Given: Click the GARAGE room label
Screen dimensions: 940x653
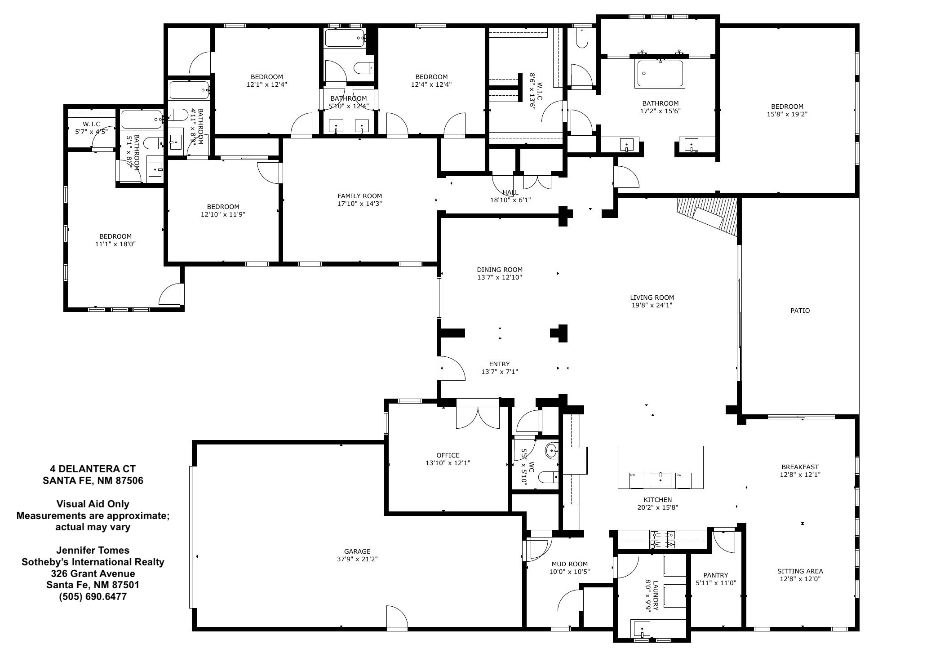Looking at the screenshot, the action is (x=357, y=551).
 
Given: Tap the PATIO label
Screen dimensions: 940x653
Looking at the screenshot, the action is (x=800, y=311).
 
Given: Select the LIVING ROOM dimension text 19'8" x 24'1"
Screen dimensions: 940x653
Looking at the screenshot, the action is (x=652, y=305).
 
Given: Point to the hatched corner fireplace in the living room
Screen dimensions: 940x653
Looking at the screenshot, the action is (x=708, y=217).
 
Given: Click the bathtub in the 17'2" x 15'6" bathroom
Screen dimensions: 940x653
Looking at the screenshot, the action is (x=661, y=74).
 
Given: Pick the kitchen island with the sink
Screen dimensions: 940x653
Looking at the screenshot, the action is (x=661, y=467).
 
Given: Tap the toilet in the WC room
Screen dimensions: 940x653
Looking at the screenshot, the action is (x=549, y=476).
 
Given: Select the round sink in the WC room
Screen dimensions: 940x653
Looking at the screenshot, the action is (x=552, y=449).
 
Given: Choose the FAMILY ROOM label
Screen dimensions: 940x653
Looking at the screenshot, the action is (x=360, y=196).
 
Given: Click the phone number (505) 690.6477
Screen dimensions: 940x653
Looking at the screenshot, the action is (x=93, y=597).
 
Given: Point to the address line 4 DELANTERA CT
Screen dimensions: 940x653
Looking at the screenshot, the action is (x=93, y=469).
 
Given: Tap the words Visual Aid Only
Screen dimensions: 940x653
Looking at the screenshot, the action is (x=93, y=504).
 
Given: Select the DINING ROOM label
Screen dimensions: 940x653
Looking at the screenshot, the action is (x=500, y=270).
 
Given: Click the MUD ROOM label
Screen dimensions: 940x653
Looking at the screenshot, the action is (x=569, y=564).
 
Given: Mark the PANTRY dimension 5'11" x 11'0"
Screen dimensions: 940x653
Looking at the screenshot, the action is (x=716, y=583).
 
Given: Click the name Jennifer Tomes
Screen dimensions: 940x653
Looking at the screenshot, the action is (x=93, y=550).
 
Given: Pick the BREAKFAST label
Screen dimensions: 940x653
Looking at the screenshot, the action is (x=800, y=467).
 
